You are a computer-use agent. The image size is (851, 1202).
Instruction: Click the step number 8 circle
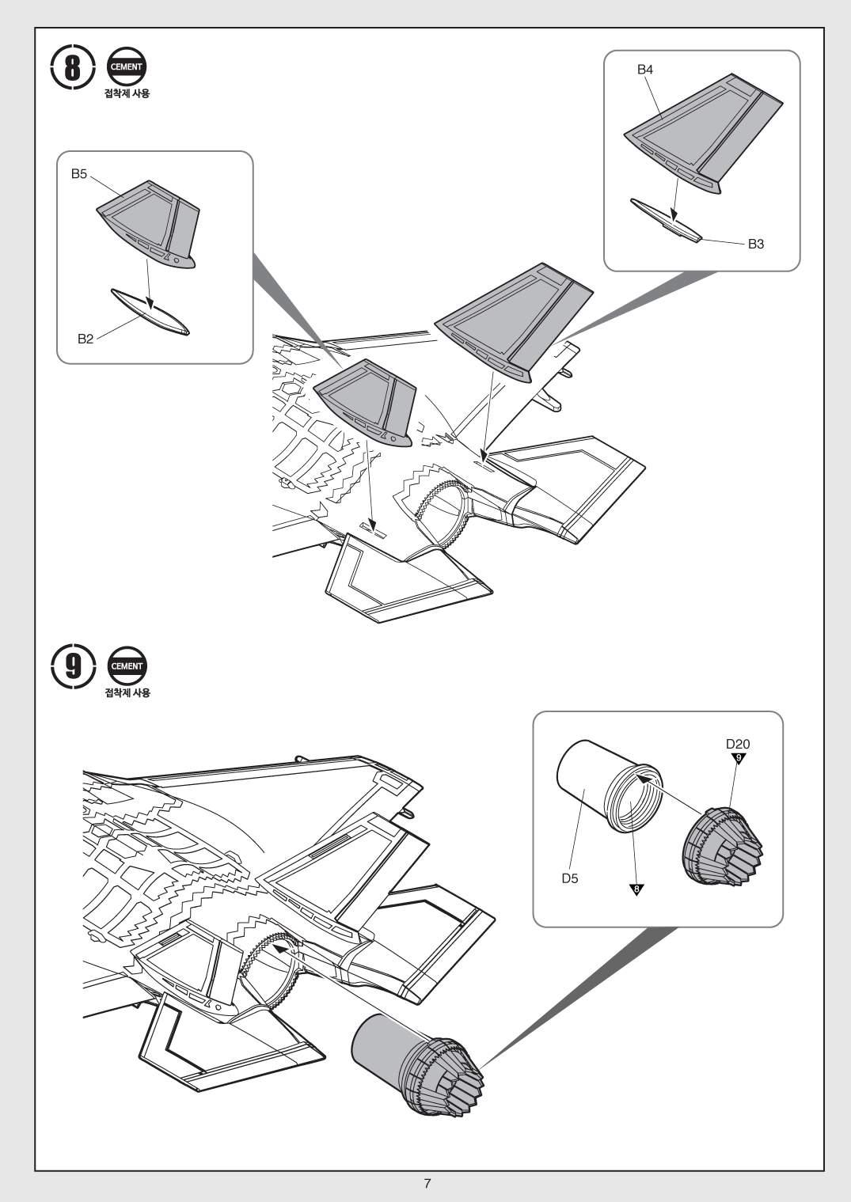click(72, 68)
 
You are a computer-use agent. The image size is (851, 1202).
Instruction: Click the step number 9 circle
click(72, 667)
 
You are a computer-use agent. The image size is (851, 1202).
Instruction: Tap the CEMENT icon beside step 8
click(126, 67)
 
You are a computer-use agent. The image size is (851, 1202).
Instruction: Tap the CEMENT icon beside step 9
click(126, 666)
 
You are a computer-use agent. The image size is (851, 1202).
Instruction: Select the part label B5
click(79, 174)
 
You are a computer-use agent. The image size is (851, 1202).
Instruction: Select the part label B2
click(85, 339)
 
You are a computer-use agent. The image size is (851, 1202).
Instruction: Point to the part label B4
click(645, 70)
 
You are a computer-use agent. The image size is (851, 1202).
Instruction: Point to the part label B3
click(756, 244)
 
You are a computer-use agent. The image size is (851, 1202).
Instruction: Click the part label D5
click(570, 878)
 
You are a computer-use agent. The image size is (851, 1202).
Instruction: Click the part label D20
click(738, 744)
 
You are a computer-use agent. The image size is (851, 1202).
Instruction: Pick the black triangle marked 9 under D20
click(739, 759)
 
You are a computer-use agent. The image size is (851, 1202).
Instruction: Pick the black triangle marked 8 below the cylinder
click(636, 889)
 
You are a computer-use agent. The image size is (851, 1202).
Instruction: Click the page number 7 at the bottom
click(427, 1185)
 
